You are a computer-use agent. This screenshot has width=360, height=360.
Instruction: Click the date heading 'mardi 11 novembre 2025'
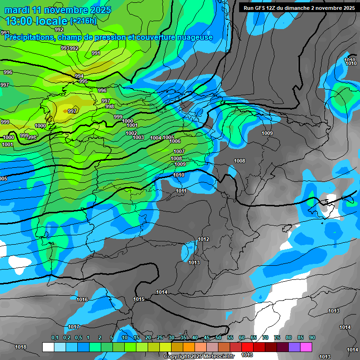[x=58, y=10]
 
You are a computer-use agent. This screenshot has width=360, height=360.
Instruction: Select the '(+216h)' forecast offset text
[x=83, y=21]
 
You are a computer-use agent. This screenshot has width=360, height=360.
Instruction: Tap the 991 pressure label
[x=96, y=53]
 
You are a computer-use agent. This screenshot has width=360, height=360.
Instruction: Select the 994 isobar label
[x=79, y=76]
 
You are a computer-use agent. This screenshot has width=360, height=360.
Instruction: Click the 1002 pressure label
[x=131, y=133]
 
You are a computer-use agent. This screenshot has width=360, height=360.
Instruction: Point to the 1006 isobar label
[x=175, y=141]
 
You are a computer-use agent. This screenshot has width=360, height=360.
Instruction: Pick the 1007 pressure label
[x=179, y=151]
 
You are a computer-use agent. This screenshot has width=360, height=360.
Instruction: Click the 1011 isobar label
[x=181, y=191]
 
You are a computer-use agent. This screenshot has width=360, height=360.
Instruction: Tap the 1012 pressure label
[x=203, y=239]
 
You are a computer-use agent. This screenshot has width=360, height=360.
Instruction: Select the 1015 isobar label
[x=139, y=299]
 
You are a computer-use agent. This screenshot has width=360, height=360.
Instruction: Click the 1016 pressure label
[x=82, y=299]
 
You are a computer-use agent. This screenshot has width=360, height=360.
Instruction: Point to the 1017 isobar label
[x=74, y=327]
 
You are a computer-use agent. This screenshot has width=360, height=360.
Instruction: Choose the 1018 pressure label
[x=21, y=347]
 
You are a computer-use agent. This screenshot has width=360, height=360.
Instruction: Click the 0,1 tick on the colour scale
[x=54, y=337]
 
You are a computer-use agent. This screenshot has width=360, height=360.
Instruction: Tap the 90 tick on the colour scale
[x=312, y=337]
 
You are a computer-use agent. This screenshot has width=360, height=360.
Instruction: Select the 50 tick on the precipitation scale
[x=218, y=337]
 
